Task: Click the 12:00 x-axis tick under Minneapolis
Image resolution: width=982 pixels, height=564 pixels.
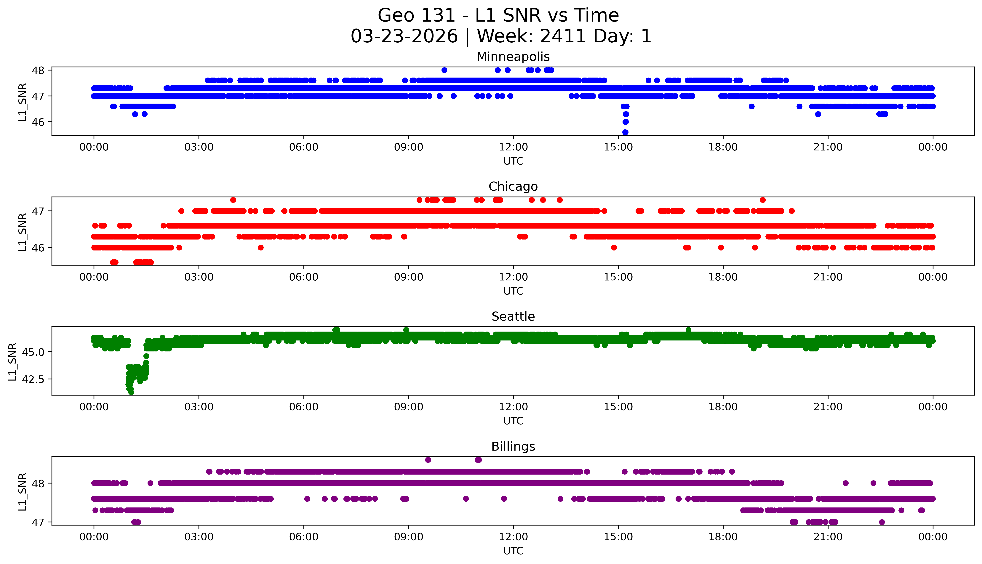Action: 513,147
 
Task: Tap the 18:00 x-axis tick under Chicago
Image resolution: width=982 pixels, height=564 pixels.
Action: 723,277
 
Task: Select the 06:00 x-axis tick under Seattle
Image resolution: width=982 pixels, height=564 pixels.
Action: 303,407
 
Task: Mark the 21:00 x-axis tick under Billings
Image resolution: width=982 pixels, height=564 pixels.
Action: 828,537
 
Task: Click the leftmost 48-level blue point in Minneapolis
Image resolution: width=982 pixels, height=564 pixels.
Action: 444,70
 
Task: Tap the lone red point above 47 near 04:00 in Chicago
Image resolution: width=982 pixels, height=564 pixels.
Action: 233,200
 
